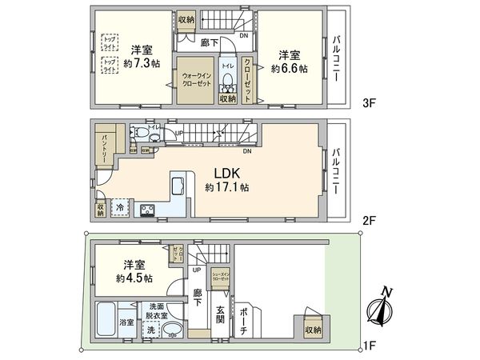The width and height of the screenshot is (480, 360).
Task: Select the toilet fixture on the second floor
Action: (x=138, y=134)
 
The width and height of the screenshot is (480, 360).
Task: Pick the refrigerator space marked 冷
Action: (x=118, y=206)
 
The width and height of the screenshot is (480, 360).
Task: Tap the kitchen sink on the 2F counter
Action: (x=178, y=189)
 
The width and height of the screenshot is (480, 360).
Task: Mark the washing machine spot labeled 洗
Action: (x=150, y=330)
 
